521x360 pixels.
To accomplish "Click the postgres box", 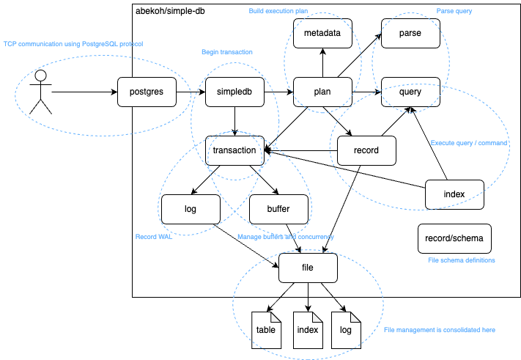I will pos(147,92).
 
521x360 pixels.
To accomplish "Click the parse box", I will pos(410,34).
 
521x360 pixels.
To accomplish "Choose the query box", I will pos(410,92).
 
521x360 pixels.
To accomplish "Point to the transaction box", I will pos(234,150).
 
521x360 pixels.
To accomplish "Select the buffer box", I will pos(278,209).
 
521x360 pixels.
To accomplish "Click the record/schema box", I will pos(454,238).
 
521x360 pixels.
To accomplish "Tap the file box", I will pos(308,268).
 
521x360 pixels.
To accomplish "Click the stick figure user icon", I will pos(41,92).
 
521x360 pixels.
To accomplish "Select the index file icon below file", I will pos(308,329).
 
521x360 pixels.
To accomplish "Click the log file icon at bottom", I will pos(346,329).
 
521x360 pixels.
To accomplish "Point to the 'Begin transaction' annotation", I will pos(226,52).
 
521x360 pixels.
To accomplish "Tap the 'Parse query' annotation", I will pos(454,12).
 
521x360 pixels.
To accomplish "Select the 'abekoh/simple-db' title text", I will pos(171,12).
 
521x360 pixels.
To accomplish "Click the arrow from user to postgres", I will pos(84,92).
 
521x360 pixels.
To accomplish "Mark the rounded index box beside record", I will pos(454,194).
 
